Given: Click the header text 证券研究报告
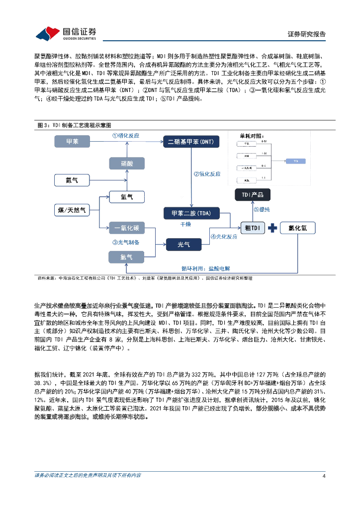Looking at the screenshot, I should tap(306, 34).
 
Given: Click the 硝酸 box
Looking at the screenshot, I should tap(127, 163).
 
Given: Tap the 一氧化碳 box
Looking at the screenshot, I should tap(127, 228).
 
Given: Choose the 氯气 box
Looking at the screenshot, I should tap(127, 257).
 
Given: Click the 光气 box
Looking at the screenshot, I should tap(183, 244).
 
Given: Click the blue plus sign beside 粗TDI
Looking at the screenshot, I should tap(272, 228).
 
